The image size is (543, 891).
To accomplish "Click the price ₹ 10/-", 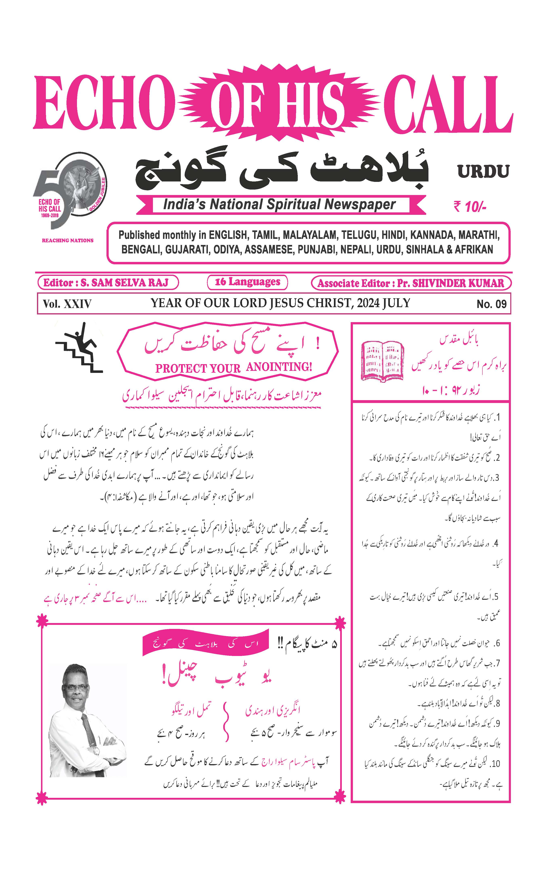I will (x=470, y=207).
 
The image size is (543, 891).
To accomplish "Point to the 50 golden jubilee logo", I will (x=71, y=192).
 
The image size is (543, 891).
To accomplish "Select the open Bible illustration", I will (x=384, y=360).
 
